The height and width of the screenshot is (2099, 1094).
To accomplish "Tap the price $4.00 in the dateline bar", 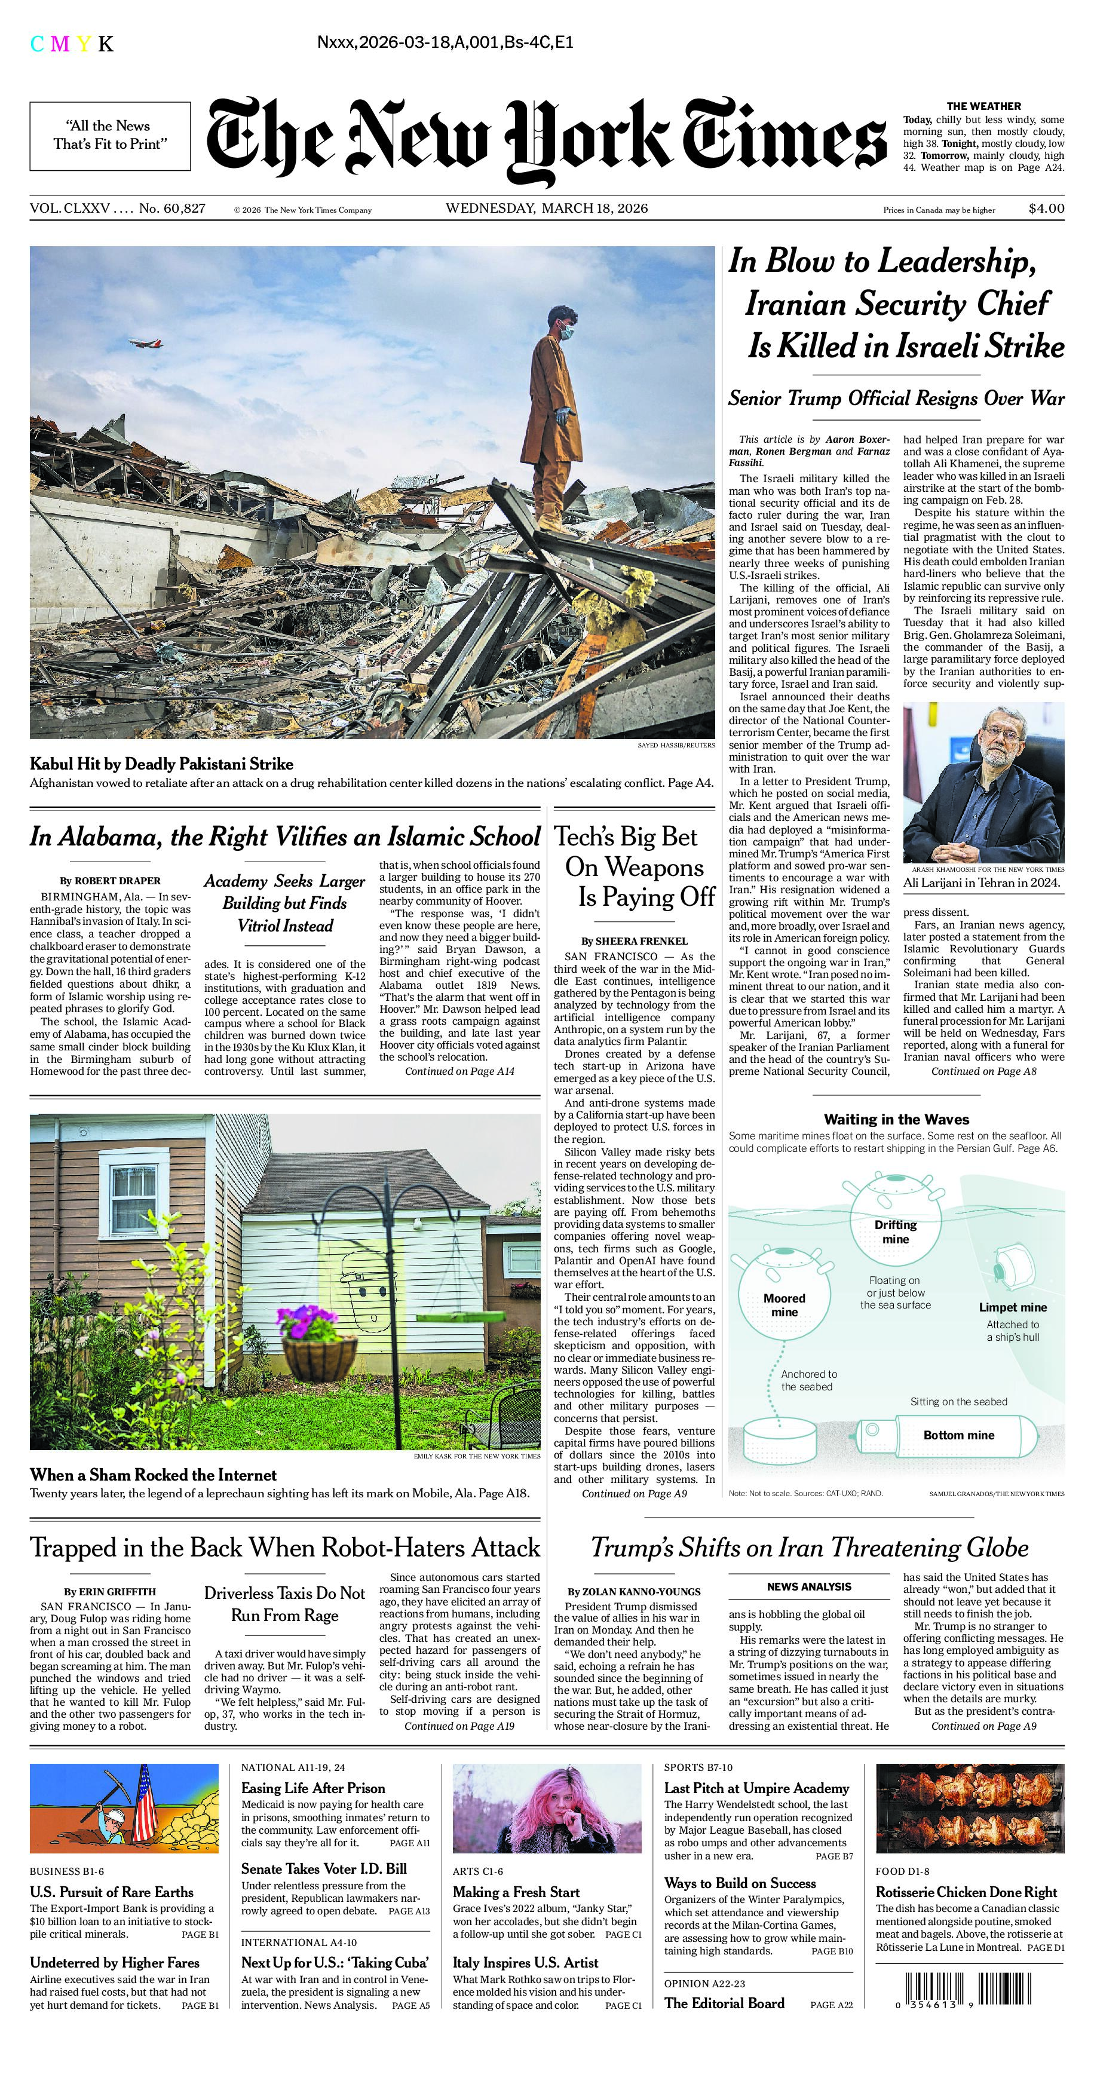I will pyautogui.click(x=1046, y=209).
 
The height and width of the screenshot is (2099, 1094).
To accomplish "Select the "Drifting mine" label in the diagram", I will pyautogui.click(x=895, y=1231).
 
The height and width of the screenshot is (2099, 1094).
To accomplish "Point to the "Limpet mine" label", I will pyautogui.click(x=1013, y=1307).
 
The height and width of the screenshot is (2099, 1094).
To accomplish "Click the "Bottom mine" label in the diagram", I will pyautogui.click(x=959, y=1435).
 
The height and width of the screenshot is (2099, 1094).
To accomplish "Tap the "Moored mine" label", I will pyautogui.click(x=785, y=1304).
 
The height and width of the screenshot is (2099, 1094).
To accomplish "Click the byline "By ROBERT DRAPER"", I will pyautogui.click(x=110, y=881).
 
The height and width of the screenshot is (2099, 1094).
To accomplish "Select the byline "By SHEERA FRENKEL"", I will pyautogui.click(x=635, y=941).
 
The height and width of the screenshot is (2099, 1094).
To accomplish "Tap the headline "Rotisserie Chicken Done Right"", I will pyautogui.click(x=966, y=1892).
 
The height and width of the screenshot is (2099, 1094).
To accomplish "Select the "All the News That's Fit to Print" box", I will pyautogui.click(x=110, y=135).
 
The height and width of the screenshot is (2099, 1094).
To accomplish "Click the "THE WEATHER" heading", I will pyautogui.click(x=983, y=106).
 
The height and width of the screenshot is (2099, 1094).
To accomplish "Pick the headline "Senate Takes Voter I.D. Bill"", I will pyautogui.click(x=323, y=1868).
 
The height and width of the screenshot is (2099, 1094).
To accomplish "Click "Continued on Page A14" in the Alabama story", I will pyautogui.click(x=459, y=1071).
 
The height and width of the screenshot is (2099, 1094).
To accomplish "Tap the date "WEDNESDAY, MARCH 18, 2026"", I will pyautogui.click(x=547, y=209).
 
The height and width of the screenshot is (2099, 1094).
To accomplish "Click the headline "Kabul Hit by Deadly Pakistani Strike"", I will pyautogui.click(x=161, y=764).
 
